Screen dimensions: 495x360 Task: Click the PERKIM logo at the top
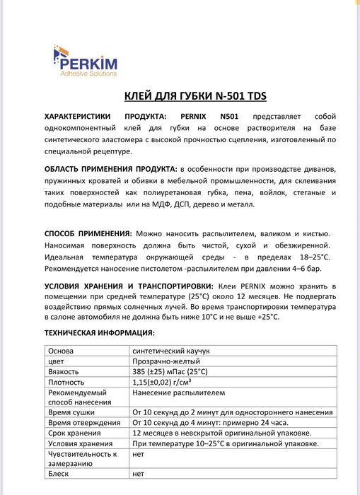(x=87, y=59)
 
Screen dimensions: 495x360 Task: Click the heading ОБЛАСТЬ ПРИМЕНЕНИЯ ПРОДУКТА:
(x=111, y=170)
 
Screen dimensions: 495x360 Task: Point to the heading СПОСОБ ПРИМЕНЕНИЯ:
(x=88, y=233)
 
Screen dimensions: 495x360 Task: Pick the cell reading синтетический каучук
(x=171, y=351)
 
